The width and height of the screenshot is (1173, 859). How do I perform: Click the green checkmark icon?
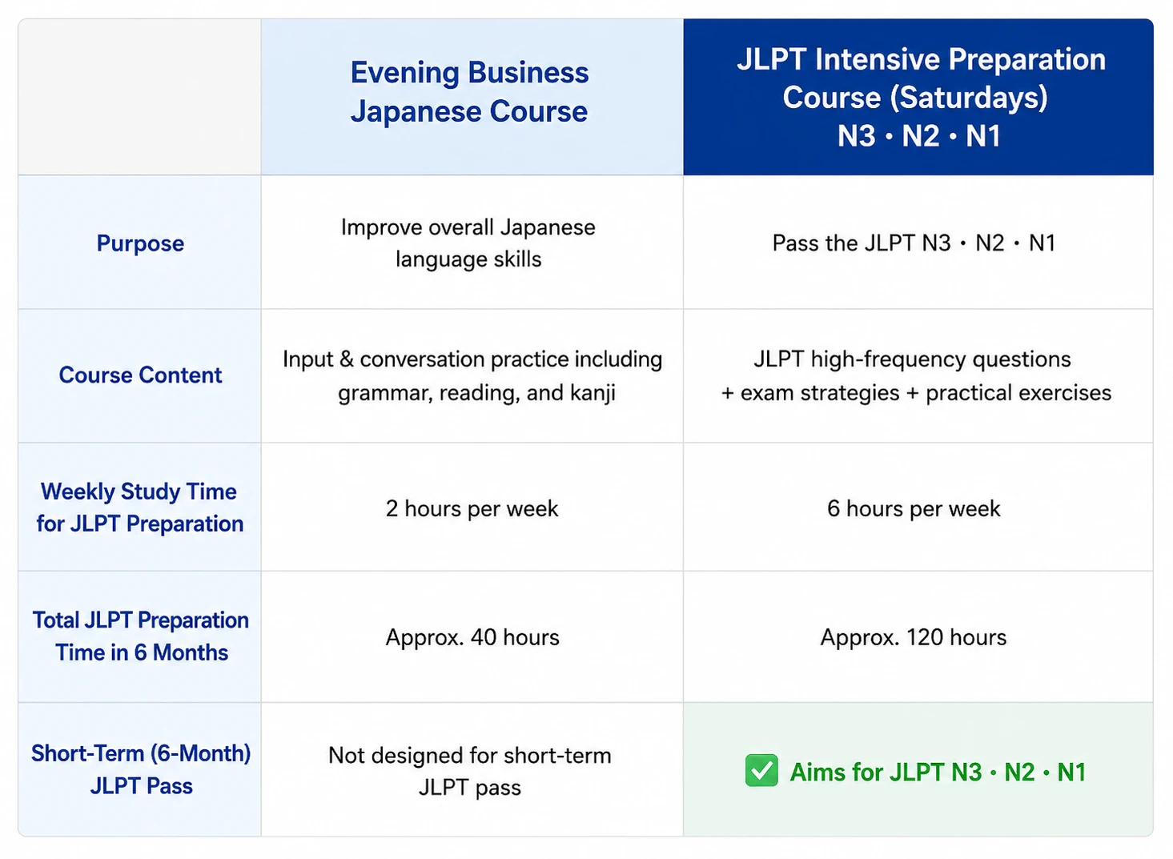click(x=761, y=770)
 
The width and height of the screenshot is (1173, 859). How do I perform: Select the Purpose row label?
click(x=140, y=243)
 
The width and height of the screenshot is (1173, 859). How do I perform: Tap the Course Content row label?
click(x=140, y=375)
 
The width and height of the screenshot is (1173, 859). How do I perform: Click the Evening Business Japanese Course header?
click(x=470, y=91)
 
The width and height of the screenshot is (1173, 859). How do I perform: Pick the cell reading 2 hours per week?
click(x=472, y=508)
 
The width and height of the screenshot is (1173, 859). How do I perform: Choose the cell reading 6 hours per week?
click(x=914, y=508)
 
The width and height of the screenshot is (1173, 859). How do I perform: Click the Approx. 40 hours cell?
click(x=472, y=637)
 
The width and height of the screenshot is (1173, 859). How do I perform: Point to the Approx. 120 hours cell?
click(x=914, y=637)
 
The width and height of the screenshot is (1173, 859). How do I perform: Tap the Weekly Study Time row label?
click(x=140, y=508)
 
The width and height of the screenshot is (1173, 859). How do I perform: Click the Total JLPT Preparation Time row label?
click(x=141, y=636)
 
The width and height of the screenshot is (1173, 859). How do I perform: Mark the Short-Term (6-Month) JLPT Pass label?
click(x=141, y=769)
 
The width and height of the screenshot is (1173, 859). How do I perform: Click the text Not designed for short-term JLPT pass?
click(x=470, y=771)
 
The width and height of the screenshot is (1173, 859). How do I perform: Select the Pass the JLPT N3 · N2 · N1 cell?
click(x=914, y=243)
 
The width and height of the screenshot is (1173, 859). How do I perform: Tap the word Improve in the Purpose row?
click(x=381, y=227)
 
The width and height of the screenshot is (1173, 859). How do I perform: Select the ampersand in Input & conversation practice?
click(x=346, y=359)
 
